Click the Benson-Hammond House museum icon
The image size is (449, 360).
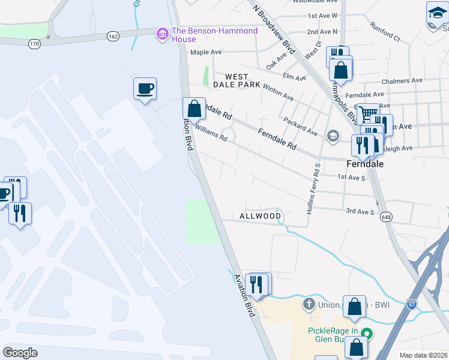point(162,35)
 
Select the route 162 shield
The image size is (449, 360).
point(112,37)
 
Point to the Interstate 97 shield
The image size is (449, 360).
point(411,304)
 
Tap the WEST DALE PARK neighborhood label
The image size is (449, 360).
point(243,80)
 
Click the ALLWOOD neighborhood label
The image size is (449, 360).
point(260,216)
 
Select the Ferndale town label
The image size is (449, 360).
point(364,163)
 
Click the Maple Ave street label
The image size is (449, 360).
point(206,52)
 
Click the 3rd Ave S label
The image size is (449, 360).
point(360,212)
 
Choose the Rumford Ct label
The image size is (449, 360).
point(384,37)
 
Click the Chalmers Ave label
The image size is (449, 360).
point(402,80)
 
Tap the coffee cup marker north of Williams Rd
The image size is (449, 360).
point(145,89)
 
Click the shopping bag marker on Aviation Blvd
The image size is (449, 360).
point(194,110)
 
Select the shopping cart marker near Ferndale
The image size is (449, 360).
point(367,114)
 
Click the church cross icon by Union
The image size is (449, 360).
point(309,304)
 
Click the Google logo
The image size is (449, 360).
point(20,352)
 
